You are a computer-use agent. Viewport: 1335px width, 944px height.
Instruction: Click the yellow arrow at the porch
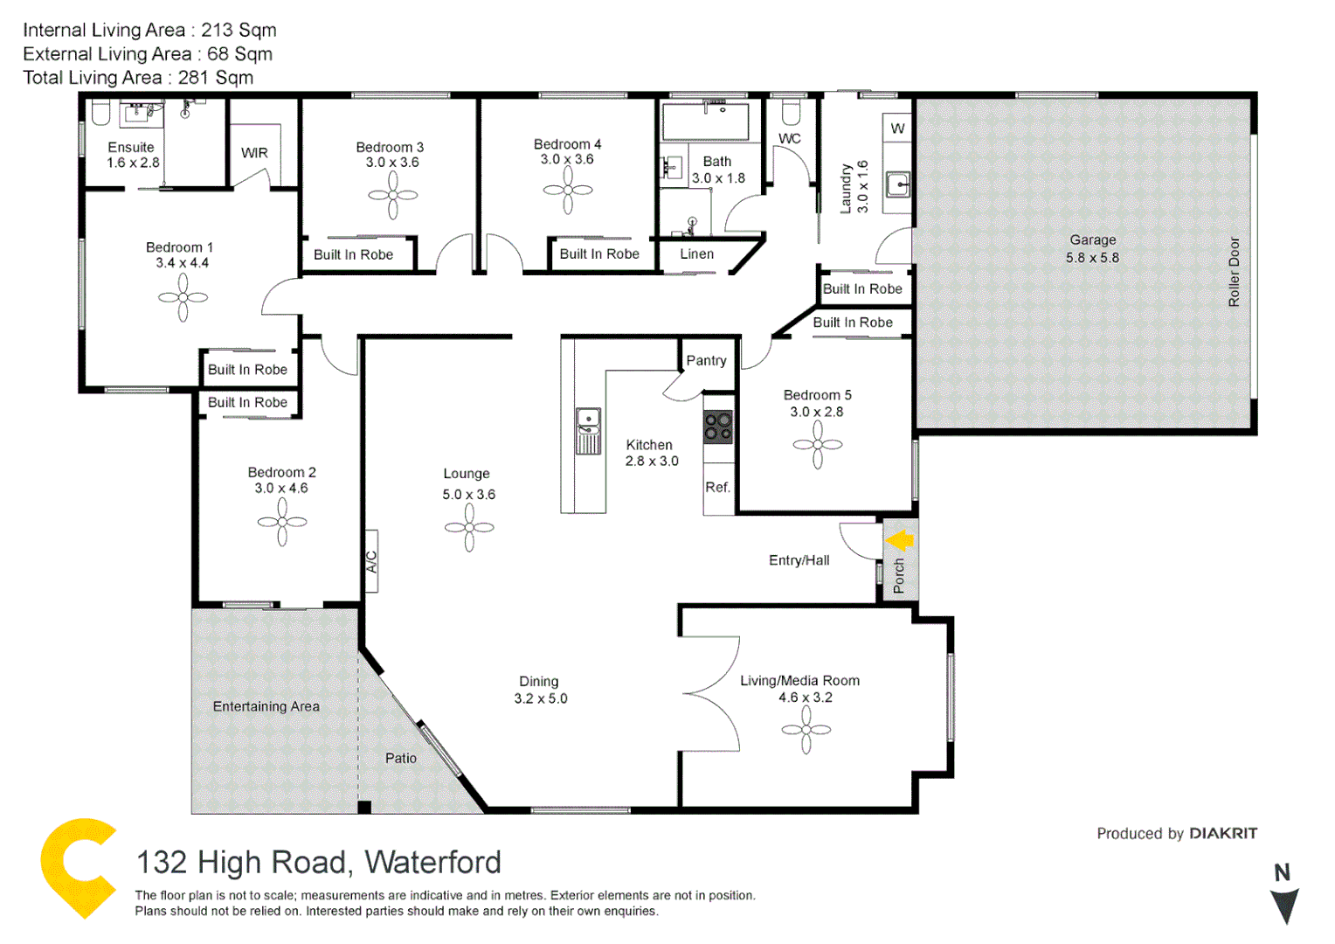900,540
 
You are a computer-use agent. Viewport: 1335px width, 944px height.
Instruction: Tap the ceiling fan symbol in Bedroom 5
818,445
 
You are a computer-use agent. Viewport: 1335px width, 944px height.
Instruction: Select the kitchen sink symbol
588,430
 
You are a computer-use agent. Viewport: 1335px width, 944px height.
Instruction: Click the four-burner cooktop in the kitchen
718,427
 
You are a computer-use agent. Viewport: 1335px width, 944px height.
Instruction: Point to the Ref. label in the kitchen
717,488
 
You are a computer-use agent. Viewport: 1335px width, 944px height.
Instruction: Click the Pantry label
706,360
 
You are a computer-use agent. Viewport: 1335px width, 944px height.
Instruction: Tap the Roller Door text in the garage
1234,272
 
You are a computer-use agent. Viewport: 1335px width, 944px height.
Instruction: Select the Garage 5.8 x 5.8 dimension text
1092,258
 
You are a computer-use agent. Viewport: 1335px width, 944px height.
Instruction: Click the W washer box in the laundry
897,129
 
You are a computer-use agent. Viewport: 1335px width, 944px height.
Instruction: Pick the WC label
790,138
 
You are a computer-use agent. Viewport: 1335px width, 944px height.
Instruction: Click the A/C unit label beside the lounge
371,561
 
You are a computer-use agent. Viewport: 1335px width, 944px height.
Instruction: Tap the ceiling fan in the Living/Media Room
806,729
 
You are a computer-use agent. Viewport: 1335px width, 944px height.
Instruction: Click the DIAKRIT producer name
1223,833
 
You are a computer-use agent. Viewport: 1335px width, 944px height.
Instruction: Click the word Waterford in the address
432,863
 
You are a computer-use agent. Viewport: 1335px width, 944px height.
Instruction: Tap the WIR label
254,153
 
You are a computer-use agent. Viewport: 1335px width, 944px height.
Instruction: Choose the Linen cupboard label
696,254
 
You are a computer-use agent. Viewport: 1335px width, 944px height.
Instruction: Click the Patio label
401,758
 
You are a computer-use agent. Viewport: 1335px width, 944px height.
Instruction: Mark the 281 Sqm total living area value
216,78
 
